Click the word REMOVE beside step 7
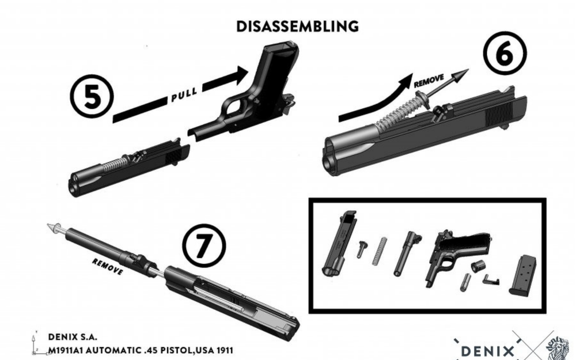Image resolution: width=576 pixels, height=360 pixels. point(107,266)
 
